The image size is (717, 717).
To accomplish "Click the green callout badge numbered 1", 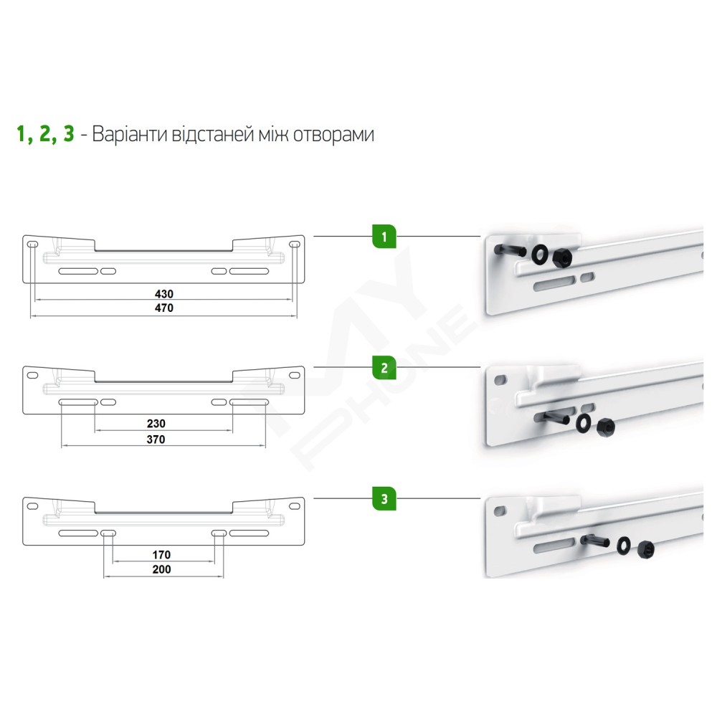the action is click(x=384, y=237).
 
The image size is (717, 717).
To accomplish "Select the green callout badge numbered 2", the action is click(x=384, y=368).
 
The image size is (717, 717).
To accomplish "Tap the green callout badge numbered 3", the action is click(x=384, y=498).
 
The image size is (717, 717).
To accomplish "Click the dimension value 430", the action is click(x=163, y=293).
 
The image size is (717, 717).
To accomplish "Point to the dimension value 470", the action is click(x=163, y=308).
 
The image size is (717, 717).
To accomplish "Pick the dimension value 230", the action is click(x=156, y=424).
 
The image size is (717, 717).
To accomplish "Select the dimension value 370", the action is click(x=156, y=440).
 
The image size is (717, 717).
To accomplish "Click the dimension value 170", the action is click(x=161, y=555).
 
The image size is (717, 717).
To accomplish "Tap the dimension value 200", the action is click(x=161, y=569).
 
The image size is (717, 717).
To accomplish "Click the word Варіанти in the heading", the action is click(x=130, y=135).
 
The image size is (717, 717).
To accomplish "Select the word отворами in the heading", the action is click(x=333, y=136).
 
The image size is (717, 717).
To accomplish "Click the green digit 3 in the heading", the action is click(x=69, y=134).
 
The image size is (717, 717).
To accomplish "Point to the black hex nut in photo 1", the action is click(x=562, y=259).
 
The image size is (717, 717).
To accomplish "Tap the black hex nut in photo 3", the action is click(x=645, y=549).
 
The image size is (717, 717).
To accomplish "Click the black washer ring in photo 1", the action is click(x=541, y=255).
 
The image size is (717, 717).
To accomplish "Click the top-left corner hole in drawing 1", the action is click(x=32, y=244).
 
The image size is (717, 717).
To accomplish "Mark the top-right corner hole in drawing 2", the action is click(x=295, y=376).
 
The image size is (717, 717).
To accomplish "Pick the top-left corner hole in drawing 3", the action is click(x=32, y=506).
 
